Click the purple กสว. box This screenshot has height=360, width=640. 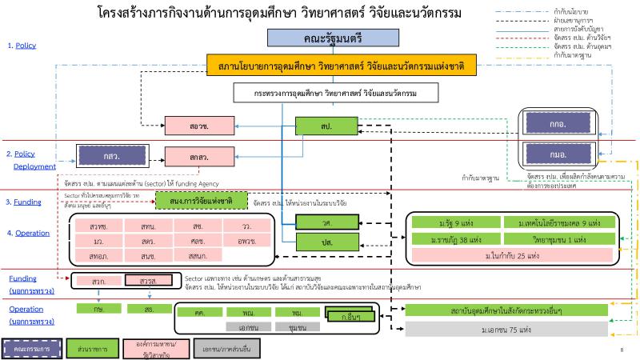point(108,154)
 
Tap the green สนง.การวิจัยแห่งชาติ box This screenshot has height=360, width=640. point(201,200)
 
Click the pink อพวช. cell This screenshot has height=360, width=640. point(246,240)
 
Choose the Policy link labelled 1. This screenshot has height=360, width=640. point(22,46)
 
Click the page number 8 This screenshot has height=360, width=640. point(622,350)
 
